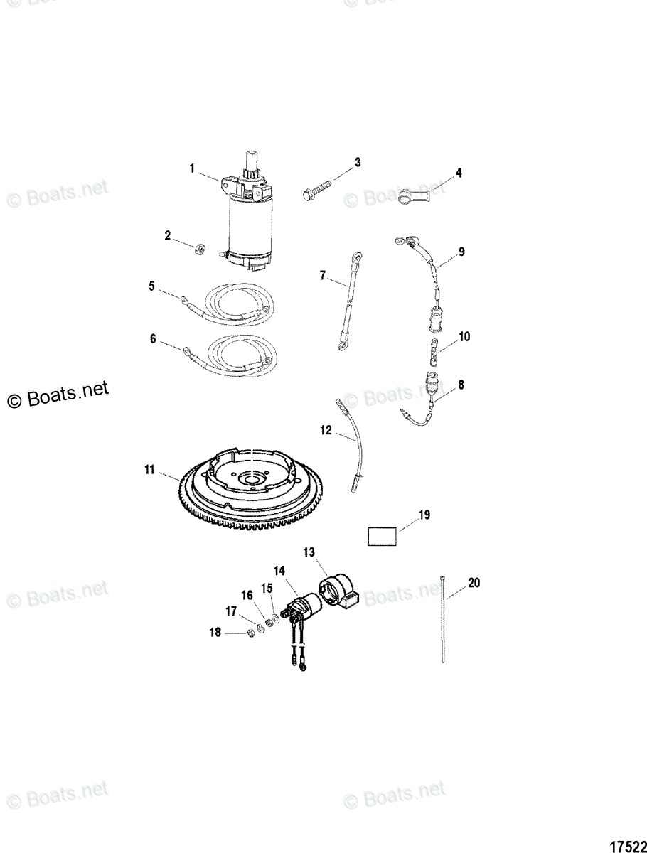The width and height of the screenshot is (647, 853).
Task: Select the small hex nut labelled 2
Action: [201, 249]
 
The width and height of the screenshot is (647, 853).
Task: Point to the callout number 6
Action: [152, 339]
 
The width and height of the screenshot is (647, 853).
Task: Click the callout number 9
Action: [461, 252]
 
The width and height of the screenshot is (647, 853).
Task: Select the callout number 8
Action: [461, 385]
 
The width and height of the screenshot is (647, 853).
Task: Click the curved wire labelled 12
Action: [353, 448]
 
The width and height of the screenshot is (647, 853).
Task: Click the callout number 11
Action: [149, 469]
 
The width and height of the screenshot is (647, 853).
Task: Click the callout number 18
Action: [215, 633]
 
